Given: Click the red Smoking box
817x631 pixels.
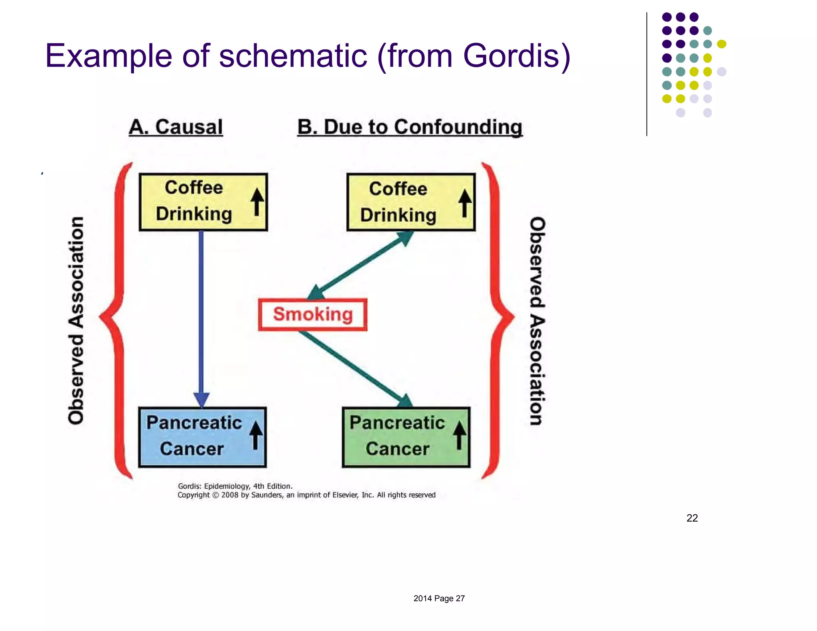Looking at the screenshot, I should coord(312,315).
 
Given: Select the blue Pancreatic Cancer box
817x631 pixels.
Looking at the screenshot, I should coord(202,437).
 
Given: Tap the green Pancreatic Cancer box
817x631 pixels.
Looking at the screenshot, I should coord(406,437).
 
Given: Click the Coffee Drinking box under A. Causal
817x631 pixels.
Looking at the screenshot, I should coord(203,202).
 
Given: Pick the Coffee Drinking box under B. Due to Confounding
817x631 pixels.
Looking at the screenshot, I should coord(411,202).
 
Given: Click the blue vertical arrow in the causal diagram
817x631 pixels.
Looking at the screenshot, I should coord(201,315).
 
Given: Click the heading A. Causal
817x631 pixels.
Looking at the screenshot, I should coord(176,127).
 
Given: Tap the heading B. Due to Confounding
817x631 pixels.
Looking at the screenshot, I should coord(410,127).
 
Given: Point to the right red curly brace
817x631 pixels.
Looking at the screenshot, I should coord(497,319).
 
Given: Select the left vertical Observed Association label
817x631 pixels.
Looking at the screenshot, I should coord(76,320).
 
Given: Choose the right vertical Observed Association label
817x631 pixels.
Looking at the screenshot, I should coord(537,321).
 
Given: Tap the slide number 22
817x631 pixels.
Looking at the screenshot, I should coord(692,518).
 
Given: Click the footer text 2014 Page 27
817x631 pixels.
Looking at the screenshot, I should coord(439,598).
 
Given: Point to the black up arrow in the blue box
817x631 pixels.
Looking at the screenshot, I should coord(256,436).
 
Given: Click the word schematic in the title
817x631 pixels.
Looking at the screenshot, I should coord(293,56).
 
